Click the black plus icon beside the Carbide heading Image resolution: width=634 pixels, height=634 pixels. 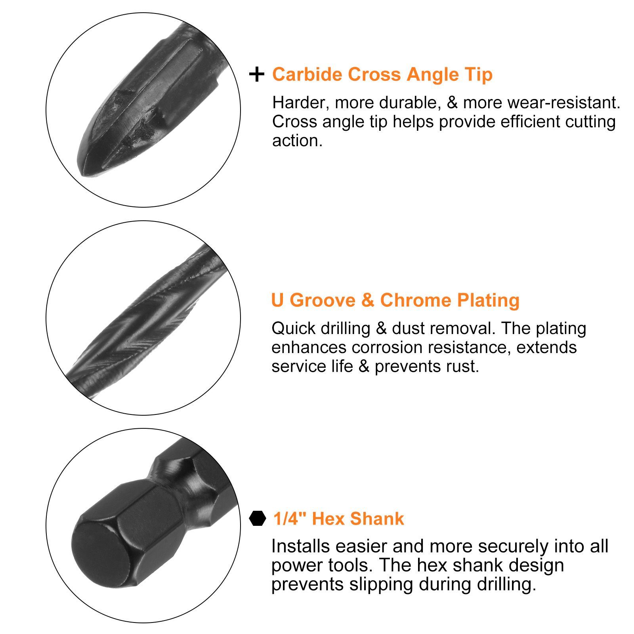tap(257, 74)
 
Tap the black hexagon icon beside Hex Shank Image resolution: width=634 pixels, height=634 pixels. tap(258, 518)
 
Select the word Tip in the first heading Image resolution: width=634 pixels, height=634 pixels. tap(479, 75)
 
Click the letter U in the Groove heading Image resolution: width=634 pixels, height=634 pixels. tap(278, 300)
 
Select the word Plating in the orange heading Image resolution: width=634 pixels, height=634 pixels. tap(488, 301)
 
